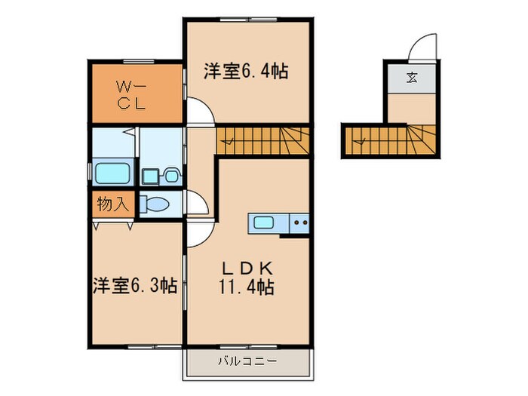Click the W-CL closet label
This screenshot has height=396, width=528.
click(x=136, y=94)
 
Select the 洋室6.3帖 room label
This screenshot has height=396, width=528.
click(x=135, y=286)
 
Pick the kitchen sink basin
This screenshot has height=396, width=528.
click(x=264, y=223)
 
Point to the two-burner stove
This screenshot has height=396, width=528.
click(x=300, y=223)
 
